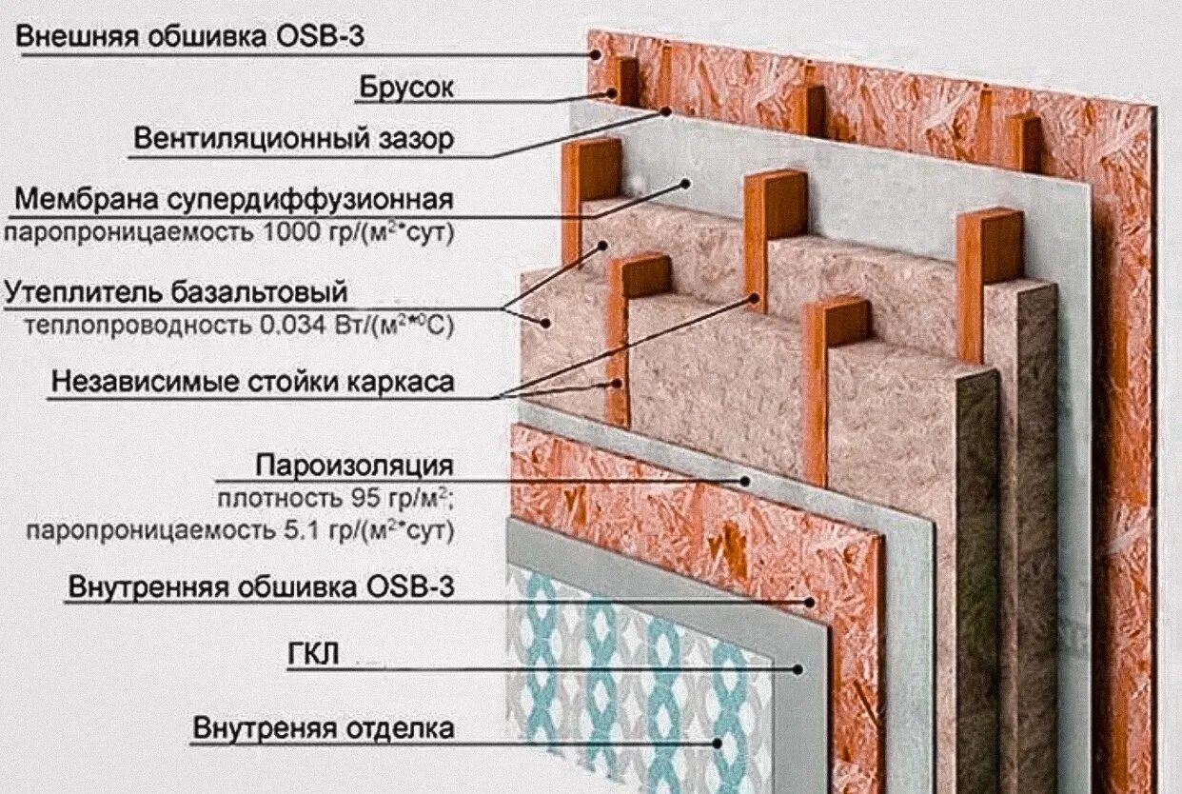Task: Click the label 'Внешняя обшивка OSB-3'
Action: pos(190,37)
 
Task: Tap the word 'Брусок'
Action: pos(405,88)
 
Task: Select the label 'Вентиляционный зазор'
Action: pos(293,139)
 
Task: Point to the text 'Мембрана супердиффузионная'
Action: pos(233,200)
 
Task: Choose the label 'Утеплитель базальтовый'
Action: pos(176,290)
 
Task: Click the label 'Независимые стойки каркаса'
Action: pos(253,382)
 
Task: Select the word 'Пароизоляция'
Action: pos(353,466)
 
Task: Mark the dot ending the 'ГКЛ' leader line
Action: pos(798,668)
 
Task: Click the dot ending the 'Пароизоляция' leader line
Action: pos(746,482)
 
